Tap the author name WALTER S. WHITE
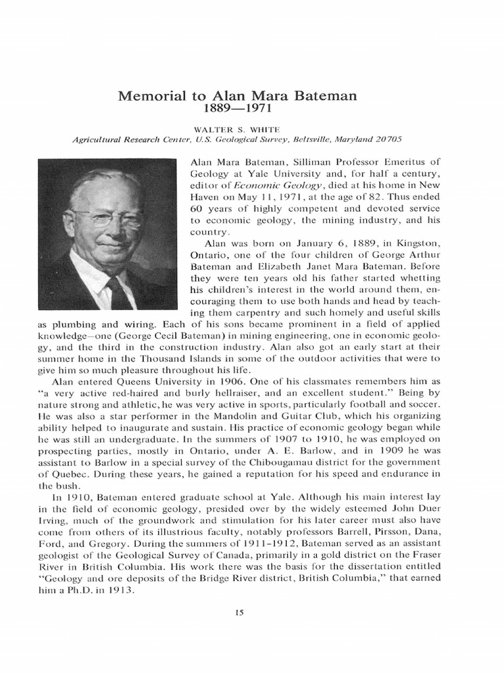[x=237, y=129]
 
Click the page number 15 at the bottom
[x=239, y=613]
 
